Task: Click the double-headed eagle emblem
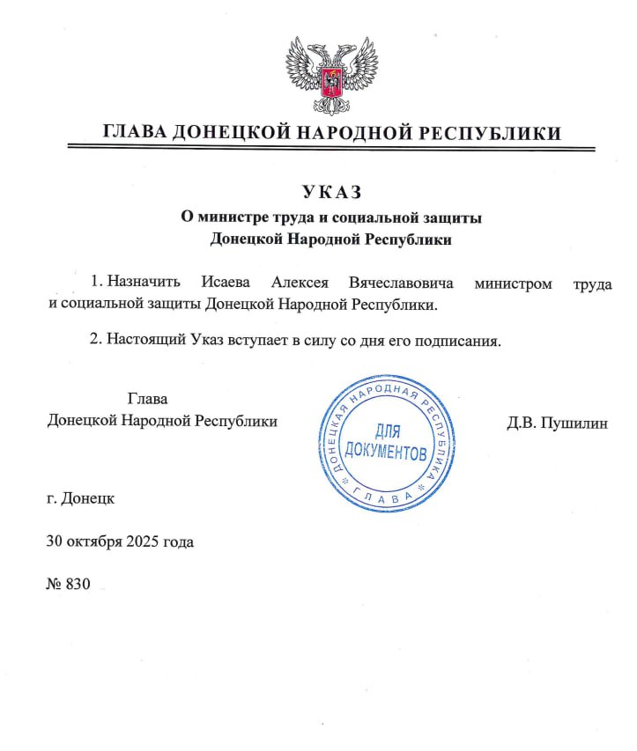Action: (331, 78)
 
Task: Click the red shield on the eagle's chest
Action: (331, 83)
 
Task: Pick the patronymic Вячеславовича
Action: (401, 283)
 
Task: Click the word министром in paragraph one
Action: (514, 283)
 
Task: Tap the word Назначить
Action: (144, 283)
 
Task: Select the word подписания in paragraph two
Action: (458, 340)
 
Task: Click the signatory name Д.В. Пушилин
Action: (557, 422)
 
